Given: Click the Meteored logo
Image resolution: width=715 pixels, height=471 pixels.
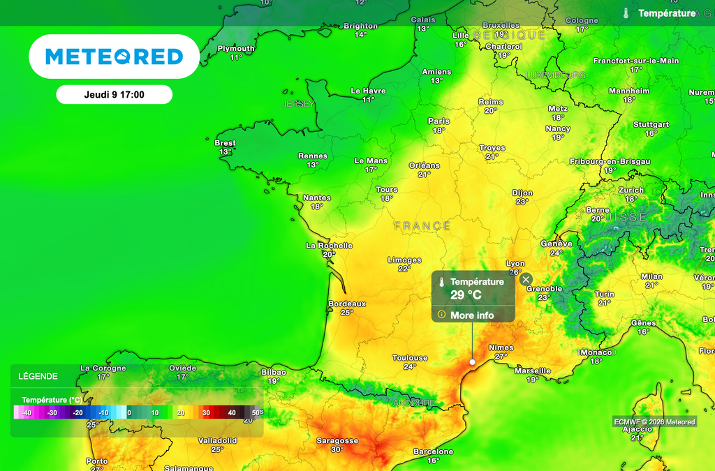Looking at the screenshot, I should click(x=115, y=57).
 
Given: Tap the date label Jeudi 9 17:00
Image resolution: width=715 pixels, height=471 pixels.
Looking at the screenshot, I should click(x=114, y=94).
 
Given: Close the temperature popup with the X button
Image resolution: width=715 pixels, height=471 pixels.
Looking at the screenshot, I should click(x=526, y=280).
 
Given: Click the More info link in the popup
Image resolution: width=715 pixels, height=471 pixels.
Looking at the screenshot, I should click(x=472, y=315).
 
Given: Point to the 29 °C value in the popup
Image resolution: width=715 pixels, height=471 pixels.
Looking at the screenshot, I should click(x=466, y=295).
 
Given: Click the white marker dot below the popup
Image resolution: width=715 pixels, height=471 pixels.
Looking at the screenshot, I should click(x=473, y=362).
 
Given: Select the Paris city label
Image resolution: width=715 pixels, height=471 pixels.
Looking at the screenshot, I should click(x=438, y=121).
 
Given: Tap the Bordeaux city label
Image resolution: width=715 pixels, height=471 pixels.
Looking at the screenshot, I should click(x=347, y=304).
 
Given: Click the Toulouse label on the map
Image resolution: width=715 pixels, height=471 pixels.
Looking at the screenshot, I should click(x=410, y=358).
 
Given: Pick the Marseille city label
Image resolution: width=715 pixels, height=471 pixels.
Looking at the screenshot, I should click(x=533, y=371).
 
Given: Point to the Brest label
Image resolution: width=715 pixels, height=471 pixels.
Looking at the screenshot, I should click(x=225, y=143).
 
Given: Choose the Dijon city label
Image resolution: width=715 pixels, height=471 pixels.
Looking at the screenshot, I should click(x=522, y=193).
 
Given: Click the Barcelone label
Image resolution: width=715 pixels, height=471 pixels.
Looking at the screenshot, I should click(x=433, y=452).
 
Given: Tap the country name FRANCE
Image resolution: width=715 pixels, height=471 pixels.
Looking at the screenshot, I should click(x=422, y=226).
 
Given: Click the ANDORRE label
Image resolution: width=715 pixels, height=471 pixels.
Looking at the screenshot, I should click(x=414, y=403).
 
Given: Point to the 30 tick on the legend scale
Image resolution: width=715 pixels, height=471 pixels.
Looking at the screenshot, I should click(x=206, y=413).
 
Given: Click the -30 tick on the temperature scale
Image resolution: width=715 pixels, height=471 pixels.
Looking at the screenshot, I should click(x=52, y=413).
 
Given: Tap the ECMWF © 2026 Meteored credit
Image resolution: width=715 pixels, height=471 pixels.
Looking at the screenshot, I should click(x=654, y=421).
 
